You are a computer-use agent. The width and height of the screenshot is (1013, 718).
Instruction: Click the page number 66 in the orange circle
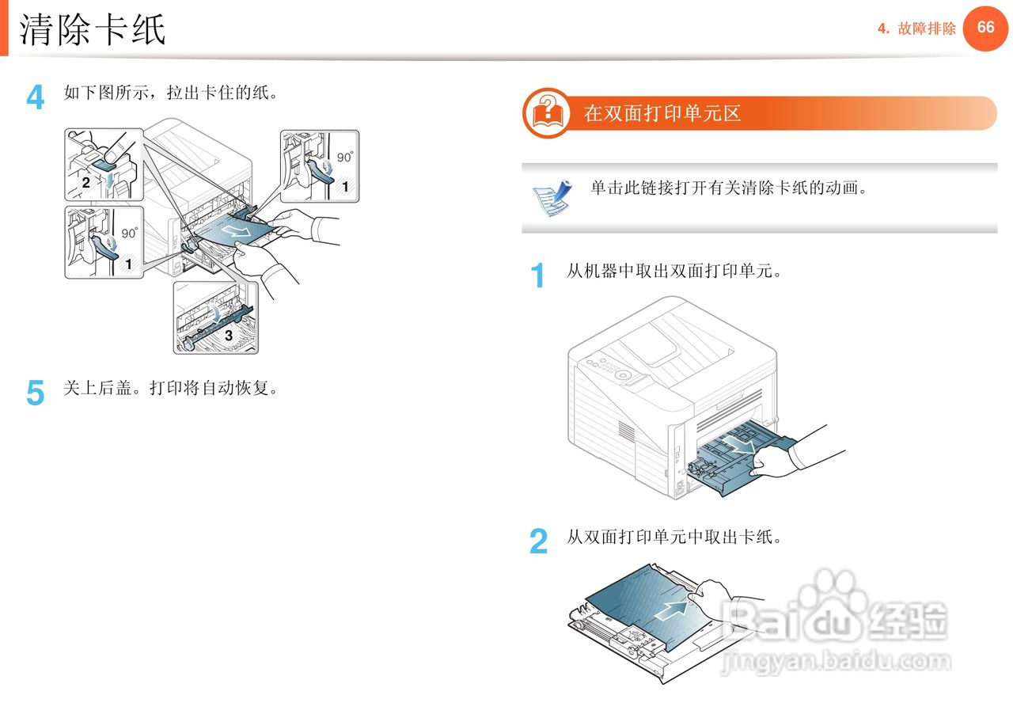tap(985, 28)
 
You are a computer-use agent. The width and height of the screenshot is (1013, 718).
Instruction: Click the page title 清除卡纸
tap(93, 30)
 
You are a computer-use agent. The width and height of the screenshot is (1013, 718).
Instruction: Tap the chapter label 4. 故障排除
tap(916, 29)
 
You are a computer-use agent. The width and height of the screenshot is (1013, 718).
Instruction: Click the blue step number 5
tap(36, 393)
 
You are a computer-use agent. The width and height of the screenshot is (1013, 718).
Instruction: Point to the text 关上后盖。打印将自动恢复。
tap(171, 389)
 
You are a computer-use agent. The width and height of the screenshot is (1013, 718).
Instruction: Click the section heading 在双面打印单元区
tap(662, 113)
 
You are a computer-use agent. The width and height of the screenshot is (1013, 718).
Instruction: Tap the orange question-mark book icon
tap(547, 113)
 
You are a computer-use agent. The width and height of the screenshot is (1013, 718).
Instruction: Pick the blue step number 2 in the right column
tap(538, 542)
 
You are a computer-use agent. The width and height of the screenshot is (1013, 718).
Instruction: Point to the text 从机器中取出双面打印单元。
tap(674, 272)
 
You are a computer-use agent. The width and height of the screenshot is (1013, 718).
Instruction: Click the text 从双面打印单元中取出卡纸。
tap(674, 538)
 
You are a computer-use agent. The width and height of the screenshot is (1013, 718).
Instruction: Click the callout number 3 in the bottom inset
tap(228, 335)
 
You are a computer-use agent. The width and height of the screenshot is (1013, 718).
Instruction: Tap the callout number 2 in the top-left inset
tap(85, 181)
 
